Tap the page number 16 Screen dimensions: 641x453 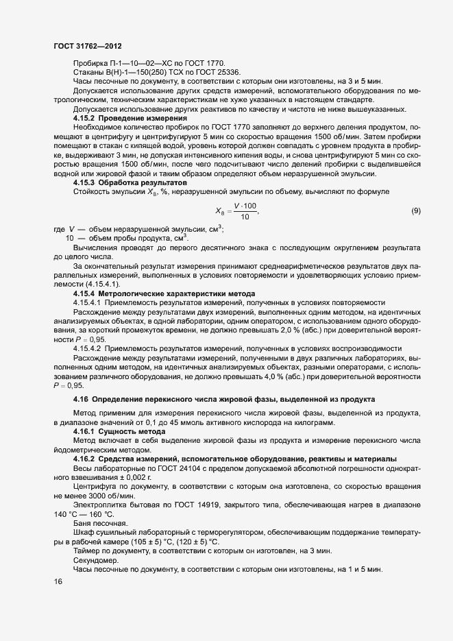(x=58, y=582)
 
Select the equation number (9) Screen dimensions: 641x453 (x=415, y=211)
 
